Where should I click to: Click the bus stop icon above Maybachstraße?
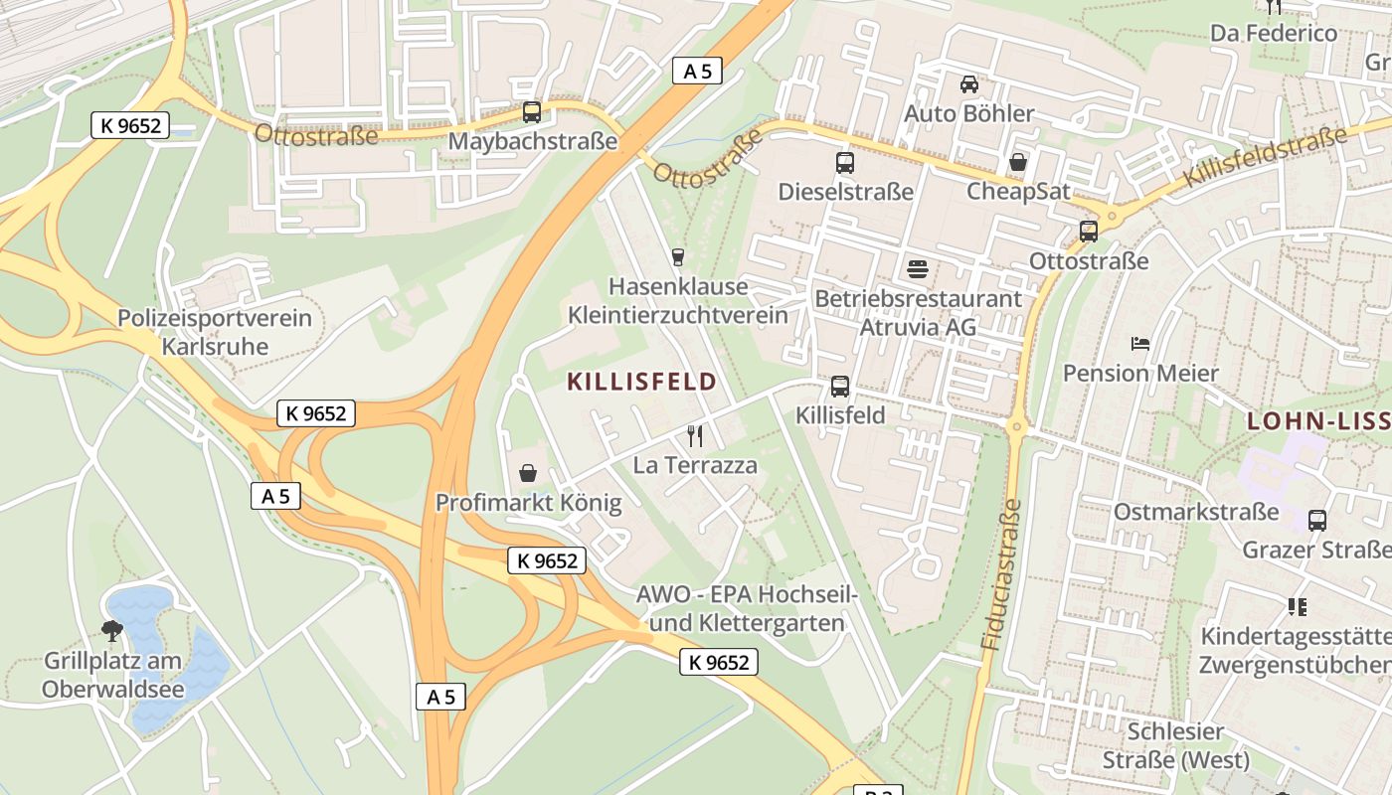click(x=532, y=111)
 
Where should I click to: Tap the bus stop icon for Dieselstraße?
click(x=844, y=162)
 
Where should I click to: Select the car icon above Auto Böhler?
click(x=968, y=83)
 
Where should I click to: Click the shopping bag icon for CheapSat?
click(x=1018, y=161)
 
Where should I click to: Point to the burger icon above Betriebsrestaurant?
click(x=917, y=268)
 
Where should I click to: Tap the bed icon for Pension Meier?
click(x=1140, y=344)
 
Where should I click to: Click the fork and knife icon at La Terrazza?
click(x=695, y=435)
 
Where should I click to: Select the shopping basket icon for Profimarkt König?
click(x=528, y=473)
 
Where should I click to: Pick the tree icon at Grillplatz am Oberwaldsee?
click(x=112, y=630)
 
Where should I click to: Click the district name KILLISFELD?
click(x=641, y=382)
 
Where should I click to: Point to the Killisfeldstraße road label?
click(x=1265, y=157)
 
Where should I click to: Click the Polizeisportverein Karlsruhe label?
click(x=215, y=333)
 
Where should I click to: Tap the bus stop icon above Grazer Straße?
click(x=1317, y=520)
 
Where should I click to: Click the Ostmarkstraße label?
click(x=1195, y=512)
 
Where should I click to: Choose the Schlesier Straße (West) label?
click(x=1175, y=746)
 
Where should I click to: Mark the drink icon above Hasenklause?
click(x=678, y=256)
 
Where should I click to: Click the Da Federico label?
click(x=1273, y=33)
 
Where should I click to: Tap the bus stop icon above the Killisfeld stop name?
click(x=840, y=386)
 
